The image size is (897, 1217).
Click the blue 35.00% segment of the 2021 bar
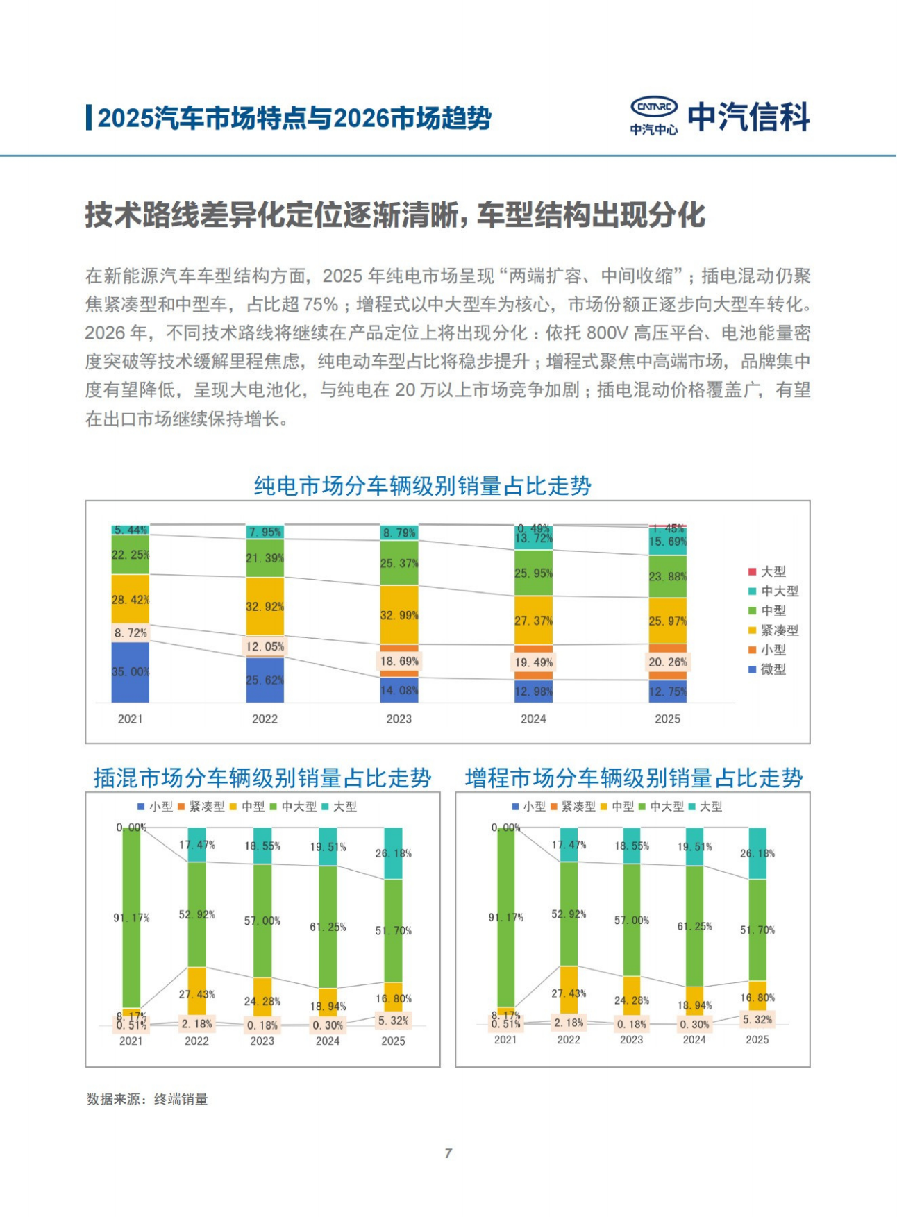pos(131,672)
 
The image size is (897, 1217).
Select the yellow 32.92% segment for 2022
pos(265,606)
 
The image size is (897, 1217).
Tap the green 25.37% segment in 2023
pos(399,563)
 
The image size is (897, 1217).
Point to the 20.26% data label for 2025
pos(667,662)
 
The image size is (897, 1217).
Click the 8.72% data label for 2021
pos(131,632)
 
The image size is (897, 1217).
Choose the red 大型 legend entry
pos(767,571)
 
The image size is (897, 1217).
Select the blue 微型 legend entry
pos(767,669)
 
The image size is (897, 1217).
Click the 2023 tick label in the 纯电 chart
pos(399,719)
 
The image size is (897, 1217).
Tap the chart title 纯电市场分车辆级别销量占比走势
pos(422,486)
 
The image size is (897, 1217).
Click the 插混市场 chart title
pos(262,778)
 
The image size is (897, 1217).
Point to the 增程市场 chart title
pos(633,778)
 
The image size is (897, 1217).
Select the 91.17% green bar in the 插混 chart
pos(131,917)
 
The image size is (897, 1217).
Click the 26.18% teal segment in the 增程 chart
pos(757,853)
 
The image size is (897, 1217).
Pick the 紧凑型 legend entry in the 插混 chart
pos(201,807)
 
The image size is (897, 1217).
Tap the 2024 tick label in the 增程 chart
pos(694,1040)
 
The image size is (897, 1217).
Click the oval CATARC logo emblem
pos(654,107)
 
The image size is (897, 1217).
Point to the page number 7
pos(448,1153)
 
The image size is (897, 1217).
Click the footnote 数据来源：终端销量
pos(147,1099)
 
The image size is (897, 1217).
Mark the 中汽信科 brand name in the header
pos(749,117)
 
